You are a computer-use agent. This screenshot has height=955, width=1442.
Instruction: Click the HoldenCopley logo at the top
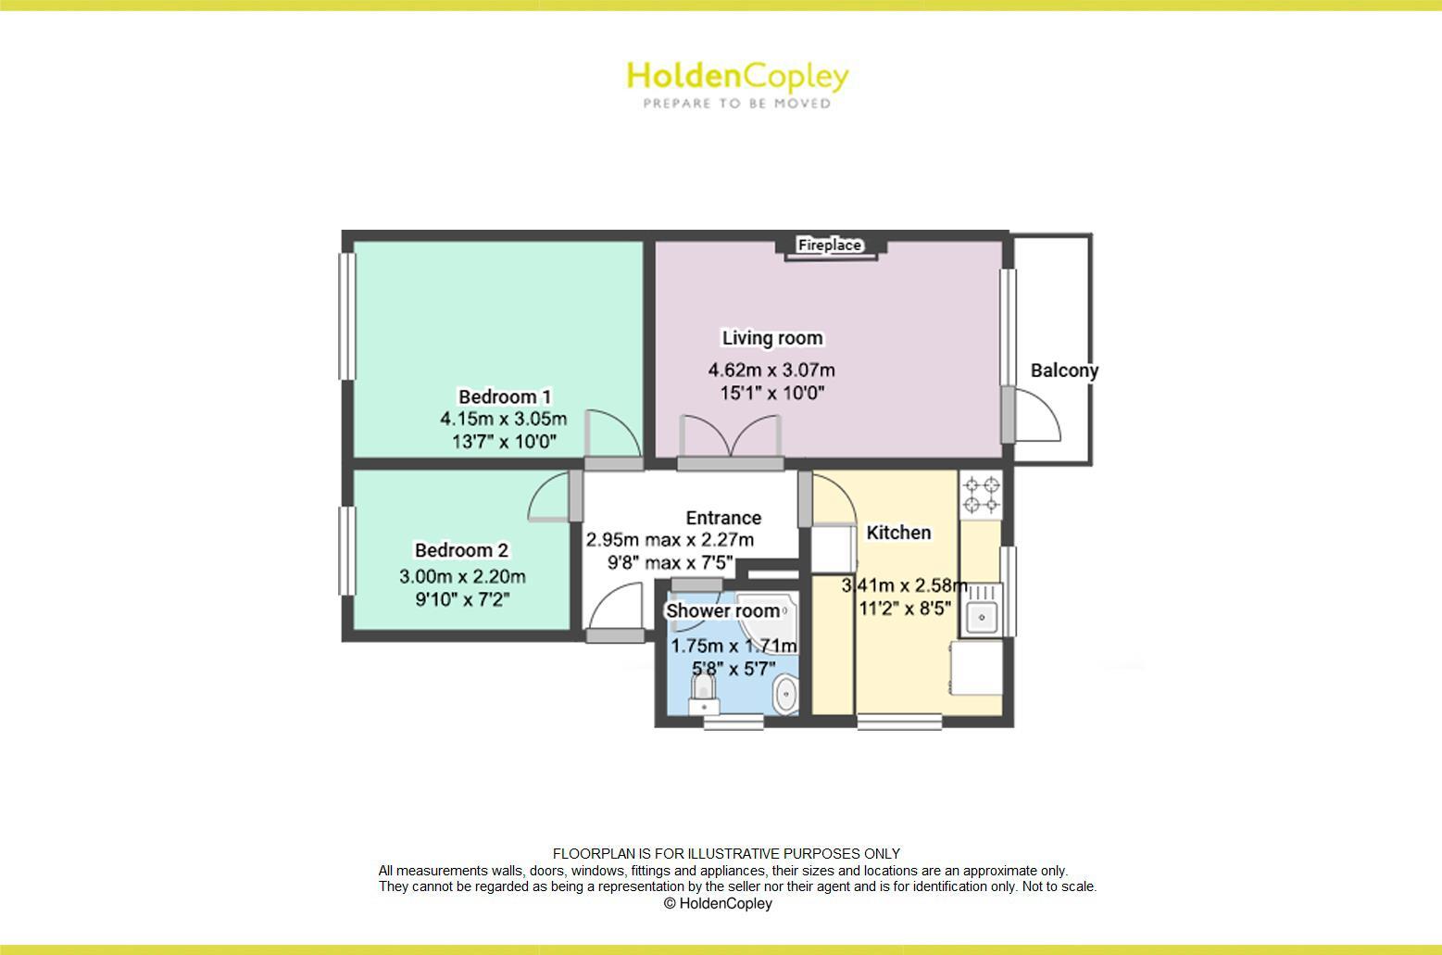click(737, 76)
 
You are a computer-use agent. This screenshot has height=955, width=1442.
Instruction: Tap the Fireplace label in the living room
click(830, 245)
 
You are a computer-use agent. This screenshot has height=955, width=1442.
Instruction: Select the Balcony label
click(1064, 371)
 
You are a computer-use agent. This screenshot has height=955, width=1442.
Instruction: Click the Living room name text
click(772, 338)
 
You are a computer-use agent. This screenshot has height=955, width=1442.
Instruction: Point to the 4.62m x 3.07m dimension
click(771, 371)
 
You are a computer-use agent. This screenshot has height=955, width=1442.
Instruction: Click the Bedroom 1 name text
click(505, 397)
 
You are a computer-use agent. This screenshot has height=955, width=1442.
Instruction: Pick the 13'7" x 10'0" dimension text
click(504, 442)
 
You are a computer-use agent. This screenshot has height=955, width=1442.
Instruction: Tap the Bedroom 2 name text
click(461, 550)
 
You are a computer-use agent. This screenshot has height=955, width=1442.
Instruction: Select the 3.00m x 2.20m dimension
click(462, 576)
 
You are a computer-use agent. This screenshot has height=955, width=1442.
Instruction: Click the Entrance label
click(723, 518)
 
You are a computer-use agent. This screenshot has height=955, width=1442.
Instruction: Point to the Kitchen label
click(898, 533)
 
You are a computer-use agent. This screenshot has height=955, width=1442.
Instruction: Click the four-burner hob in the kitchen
click(982, 495)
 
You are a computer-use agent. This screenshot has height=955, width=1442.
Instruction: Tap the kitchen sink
click(981, 613)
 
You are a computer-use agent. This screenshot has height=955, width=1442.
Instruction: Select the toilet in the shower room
click(704, 690)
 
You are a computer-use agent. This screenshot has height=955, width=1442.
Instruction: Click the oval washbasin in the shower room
click(786, 695)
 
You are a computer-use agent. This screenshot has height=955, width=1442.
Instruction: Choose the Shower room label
click(722, 611)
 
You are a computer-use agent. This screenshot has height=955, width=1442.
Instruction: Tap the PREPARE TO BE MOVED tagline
click(737, 104)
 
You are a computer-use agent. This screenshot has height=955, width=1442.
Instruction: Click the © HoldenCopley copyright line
click(718, 903)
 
